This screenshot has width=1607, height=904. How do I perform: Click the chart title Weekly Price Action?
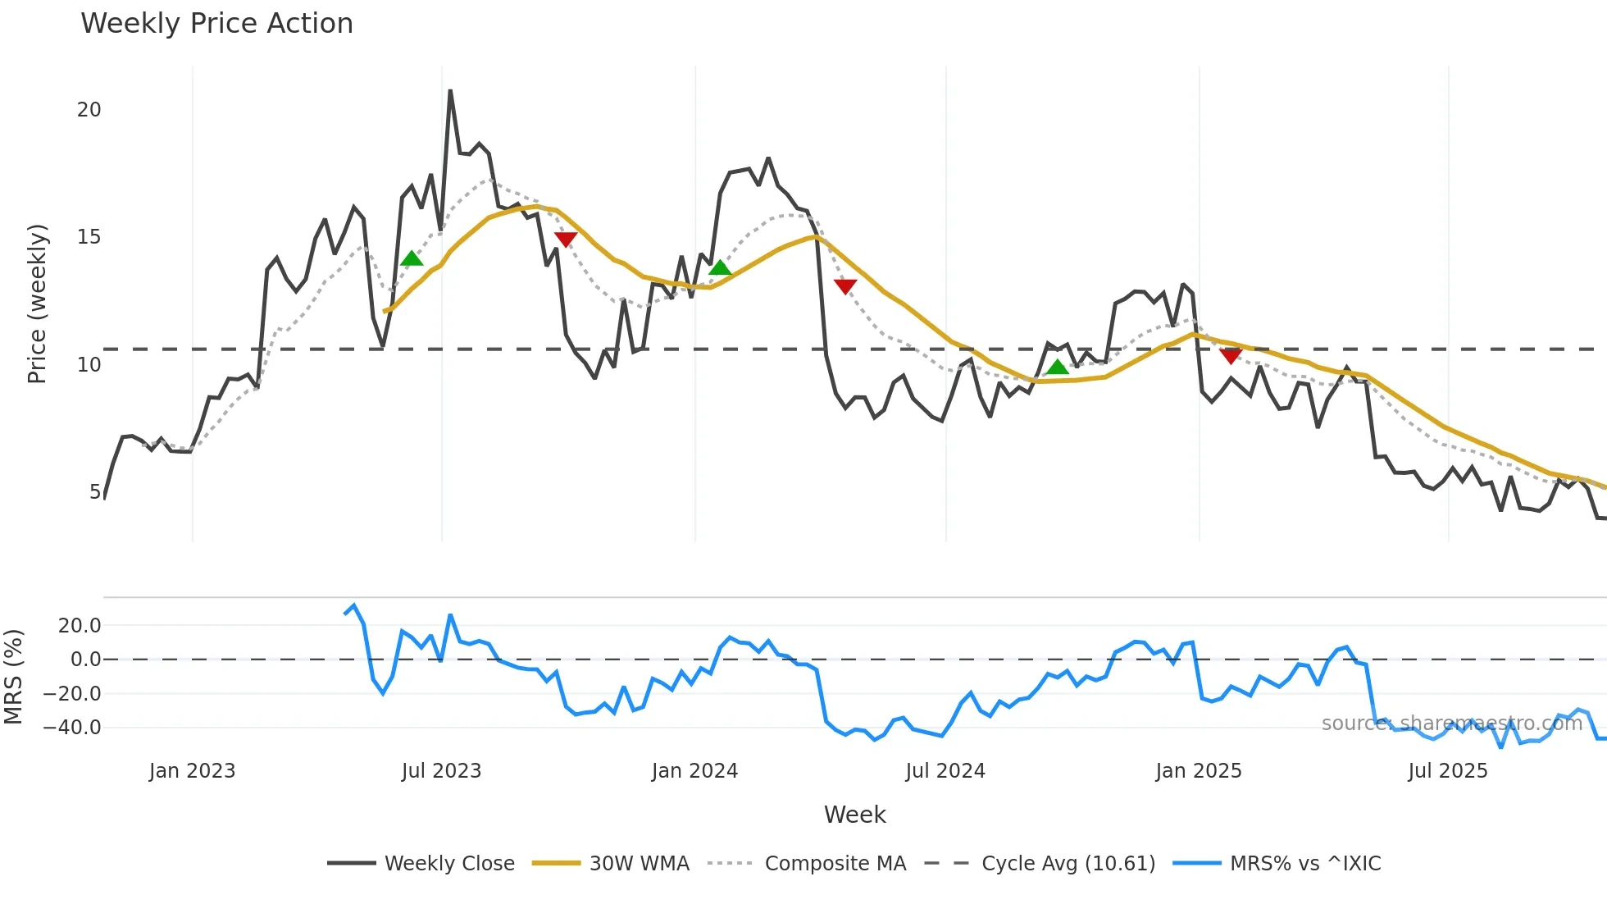pyautogui.click(x=216, y=24)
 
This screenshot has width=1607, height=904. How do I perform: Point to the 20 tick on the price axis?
pyautogui.click(x=89, y=110)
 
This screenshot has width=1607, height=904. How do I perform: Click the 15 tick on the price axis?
pyautogui.click(x=89, y=237)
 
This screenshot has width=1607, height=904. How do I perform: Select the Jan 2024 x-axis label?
pyautogui.click(x=694, y=771)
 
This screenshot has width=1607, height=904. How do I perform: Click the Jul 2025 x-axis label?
pyautogui.click(x=1447, y=771)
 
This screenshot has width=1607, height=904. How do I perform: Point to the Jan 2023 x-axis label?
pyautogui.click(x=192, y=771)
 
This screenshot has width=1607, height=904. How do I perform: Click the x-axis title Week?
pyautogui.click(x=854, y=815)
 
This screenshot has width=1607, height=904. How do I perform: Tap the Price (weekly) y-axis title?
pyautogui.click(x=38, y=304)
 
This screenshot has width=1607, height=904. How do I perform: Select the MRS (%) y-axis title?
pyautogui.click(x=13, y=677)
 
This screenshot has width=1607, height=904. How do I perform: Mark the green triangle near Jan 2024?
pyautogui.click(x=720, y=267)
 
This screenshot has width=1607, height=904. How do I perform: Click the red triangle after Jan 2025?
pyautogui.click(x=1231, y=355)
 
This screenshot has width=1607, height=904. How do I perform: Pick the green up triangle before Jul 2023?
pyautogui.click(x=412, y=258)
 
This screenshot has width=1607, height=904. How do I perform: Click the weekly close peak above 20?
pyautogui.click(x=450, y=91)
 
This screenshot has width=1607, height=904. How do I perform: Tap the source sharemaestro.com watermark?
pyautogui.click(x=1451, y=724)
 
